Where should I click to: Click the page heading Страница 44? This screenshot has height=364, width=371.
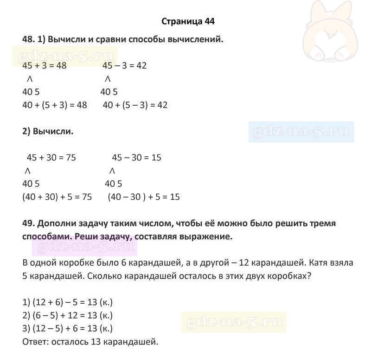tap(188, 21)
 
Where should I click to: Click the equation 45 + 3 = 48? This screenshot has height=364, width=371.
tap(45, 66)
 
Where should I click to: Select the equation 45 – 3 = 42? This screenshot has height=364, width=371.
tap(124, 66)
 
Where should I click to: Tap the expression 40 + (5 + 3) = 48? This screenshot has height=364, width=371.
tap(55, 105)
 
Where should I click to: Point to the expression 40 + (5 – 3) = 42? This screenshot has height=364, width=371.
tap(135, 105)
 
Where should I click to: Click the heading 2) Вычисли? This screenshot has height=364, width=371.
tap(48, 131)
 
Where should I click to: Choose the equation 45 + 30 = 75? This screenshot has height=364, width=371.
tap(51, 158)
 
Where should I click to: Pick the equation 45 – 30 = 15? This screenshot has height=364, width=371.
tap(136, 158)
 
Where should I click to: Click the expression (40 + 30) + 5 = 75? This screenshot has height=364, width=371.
tap(57, 197)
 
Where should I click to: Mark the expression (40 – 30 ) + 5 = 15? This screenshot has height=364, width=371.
tap(143, 197)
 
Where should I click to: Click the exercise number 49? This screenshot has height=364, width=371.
tap(28, 224)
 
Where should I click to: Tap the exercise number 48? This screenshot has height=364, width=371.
tap(28, 39)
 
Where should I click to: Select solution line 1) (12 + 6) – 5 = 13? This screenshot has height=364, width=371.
tap(68, 303)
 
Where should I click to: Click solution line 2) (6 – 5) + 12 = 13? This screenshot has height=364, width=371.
tap(68, 316)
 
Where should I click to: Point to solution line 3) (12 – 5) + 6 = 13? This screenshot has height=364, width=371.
tap(68, 329)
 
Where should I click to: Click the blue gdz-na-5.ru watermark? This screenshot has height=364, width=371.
tap(301, 132)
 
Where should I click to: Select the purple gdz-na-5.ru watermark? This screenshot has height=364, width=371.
tap(83, 246)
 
